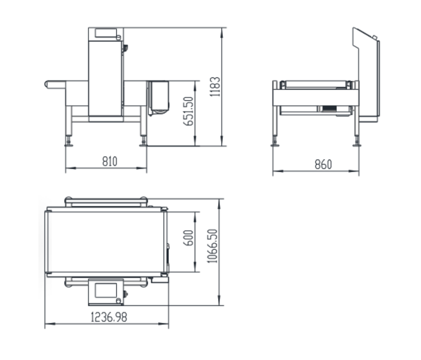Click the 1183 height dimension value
tap(215, 87)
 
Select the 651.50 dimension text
tap(188, 111)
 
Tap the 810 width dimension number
tap(110, 162)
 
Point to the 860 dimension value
tap(323, 165)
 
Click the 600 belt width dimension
tap(188, 238)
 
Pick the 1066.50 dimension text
tap(212, 246)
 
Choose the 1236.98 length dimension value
tap(109, 317)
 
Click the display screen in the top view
tap(106, 291)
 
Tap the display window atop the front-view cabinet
tap(106, 33)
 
